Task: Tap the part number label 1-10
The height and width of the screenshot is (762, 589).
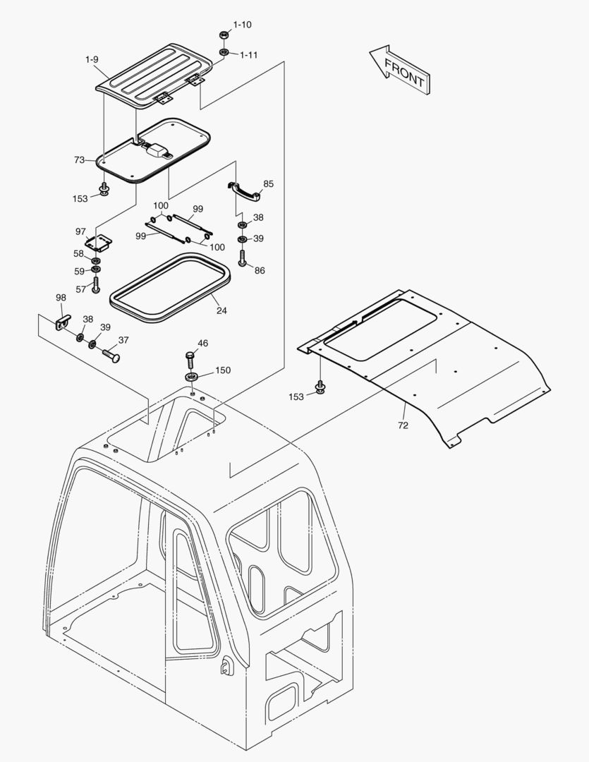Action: point(242,25)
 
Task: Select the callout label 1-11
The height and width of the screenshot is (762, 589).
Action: point(248,55)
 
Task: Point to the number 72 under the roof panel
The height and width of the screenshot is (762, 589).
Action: point(403,425)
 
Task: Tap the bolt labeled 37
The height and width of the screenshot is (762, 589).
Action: point(111,353)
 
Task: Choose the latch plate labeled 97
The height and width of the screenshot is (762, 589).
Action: point(99,243)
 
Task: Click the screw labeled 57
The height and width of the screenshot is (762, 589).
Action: point(96,286)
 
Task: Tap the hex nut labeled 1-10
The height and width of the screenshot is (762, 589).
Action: point(223,35)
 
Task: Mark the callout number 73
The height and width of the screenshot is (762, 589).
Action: point(78,160)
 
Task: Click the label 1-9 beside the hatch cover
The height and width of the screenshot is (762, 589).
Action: point(92,60)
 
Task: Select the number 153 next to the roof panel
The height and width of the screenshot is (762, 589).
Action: point(296,397)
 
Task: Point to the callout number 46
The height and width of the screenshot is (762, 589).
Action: point(202,344)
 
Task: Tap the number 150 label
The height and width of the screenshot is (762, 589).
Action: point(223,370)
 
